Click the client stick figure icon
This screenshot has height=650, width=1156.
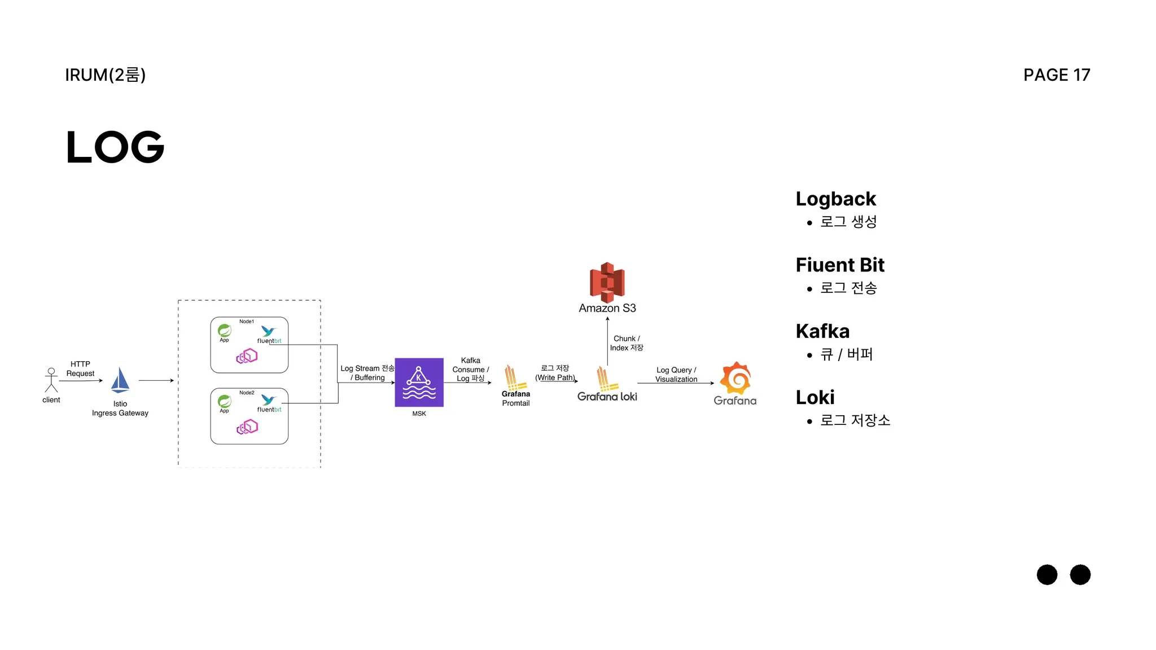(51, 380)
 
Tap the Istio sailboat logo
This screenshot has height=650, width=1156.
(120, 380)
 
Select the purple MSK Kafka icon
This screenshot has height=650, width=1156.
(419, 382)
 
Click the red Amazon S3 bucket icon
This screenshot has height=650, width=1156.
(607, 282)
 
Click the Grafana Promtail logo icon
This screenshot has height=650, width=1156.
(513, 377)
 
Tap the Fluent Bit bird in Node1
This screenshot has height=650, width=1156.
(268, 331)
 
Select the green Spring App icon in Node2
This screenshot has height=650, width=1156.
(225, 401)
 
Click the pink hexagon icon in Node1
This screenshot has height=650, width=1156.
(247, 356)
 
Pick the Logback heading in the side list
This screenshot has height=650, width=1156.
(835, 199)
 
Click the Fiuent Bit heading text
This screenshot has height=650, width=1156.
(840, 265)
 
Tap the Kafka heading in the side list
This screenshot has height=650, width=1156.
(822, 331)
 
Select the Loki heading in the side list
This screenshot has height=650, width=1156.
(815, 397)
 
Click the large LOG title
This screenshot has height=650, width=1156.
(115, 147)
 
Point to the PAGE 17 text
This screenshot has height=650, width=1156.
(1057, 75)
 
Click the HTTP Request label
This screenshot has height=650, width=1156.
(80, 368)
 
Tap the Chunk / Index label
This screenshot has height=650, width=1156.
(627, 343)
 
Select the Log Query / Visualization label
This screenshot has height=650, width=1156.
(676, 375)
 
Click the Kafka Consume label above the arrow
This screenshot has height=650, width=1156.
(470, 369)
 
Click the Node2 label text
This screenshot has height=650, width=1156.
(247, 393)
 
